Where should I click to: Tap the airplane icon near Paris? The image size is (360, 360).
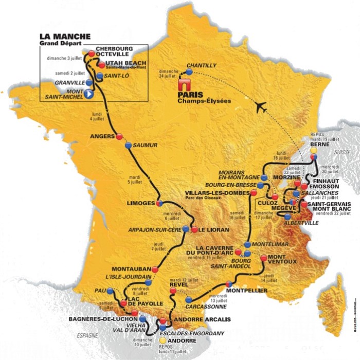point(262,107)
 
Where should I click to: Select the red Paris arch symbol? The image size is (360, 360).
point(184,86)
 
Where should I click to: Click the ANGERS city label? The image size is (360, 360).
point(102,137)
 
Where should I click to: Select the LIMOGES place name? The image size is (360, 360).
point(140,203)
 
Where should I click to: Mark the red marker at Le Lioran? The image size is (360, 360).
point(194,230)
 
